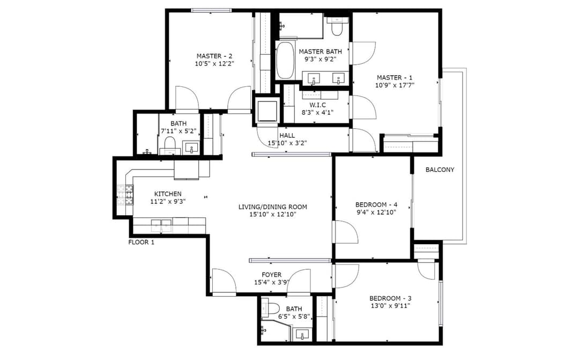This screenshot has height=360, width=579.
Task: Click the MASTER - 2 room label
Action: click(214, 56)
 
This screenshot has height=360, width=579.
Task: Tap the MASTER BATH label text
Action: click(320, 52)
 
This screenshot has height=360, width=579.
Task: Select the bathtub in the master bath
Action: click(285, 60)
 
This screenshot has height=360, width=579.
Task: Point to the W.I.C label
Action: click(317, 105)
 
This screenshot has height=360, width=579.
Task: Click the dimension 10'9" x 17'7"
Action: click(395, 85)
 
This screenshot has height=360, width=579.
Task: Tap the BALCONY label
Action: click(440, 170)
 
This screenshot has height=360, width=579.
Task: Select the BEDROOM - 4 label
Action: click(376, 205)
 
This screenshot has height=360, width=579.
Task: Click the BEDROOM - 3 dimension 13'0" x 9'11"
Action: click(390, 306)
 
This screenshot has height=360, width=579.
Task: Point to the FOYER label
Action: click(271, 275)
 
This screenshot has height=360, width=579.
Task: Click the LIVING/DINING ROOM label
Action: click(272, 207)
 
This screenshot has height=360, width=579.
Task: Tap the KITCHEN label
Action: click(168, 194)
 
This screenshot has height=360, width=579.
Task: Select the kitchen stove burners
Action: click(125, 195)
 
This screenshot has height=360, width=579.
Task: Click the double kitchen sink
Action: click(161, 225)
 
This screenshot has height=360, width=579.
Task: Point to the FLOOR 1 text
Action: click(141, 243)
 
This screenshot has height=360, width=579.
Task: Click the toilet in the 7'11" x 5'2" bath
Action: click(170, 145)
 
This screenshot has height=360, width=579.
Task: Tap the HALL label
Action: click(287, 136)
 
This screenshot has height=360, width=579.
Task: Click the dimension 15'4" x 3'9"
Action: click(271, 283)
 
